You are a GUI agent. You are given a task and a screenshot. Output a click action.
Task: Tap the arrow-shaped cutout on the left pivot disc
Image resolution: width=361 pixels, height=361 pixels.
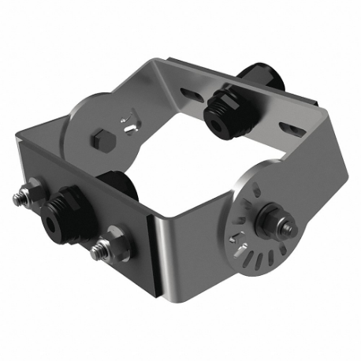click(126, 124)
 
